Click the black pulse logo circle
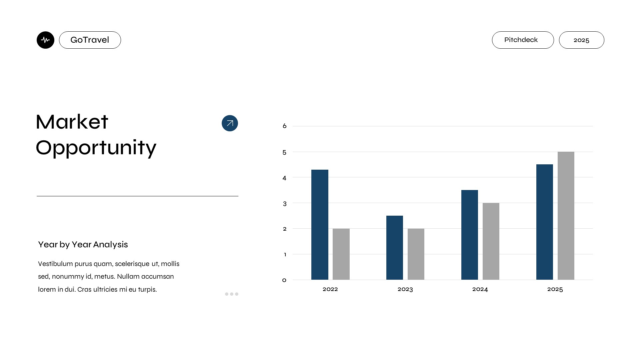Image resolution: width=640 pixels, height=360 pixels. coord(45,40)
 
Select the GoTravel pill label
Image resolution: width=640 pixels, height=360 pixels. coord(90,40)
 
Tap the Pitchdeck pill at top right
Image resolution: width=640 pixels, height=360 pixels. coord(522,40)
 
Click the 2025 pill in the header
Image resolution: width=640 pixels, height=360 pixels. coord(581,40)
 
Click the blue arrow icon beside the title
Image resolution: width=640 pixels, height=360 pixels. coord(230,123)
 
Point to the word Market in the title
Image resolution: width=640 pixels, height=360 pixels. coord(72,122)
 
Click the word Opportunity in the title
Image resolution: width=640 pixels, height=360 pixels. coord(96,148)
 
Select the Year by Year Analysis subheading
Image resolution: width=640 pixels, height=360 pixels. coord(83,244)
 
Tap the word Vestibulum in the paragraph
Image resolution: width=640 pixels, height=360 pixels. coord(55,264)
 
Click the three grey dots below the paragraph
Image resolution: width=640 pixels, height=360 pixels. coord(232,294)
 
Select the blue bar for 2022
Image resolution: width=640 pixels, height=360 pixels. coord(320,225)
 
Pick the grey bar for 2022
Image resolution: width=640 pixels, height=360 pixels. coord(341,254)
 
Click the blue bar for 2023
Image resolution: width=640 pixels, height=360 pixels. coord(395,248)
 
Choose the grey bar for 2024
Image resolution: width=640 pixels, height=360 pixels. coord(491,241)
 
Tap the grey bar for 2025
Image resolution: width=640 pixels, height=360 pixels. coord(566,216)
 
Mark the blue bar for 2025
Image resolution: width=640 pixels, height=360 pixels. coord(545,222)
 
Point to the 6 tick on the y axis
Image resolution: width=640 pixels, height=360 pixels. coord(284,126)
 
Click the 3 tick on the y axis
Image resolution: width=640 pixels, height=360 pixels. coord(284,204)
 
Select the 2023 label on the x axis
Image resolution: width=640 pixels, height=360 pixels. coord(405,289)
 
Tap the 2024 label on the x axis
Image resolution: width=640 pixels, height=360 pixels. coord(480,289)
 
